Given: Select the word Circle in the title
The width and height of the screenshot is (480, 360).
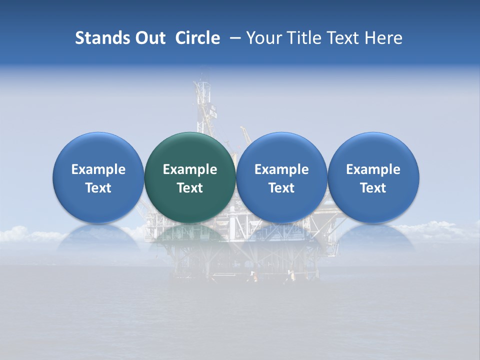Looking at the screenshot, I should click(197, 38).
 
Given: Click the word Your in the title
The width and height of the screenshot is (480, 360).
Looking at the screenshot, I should click(263, 38).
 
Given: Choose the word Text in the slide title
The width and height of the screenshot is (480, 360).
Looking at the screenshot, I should click(345, 38).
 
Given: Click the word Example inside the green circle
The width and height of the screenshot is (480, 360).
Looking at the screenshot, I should click(190, 169).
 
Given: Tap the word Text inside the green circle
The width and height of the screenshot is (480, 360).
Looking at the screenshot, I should click(190, 188).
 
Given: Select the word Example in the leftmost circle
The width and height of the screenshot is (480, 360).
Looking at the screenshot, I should click(98, 169).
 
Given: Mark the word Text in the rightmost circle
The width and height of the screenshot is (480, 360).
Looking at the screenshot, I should click(373, 188).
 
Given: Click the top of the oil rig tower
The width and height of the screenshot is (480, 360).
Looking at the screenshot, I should click(202, 75).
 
